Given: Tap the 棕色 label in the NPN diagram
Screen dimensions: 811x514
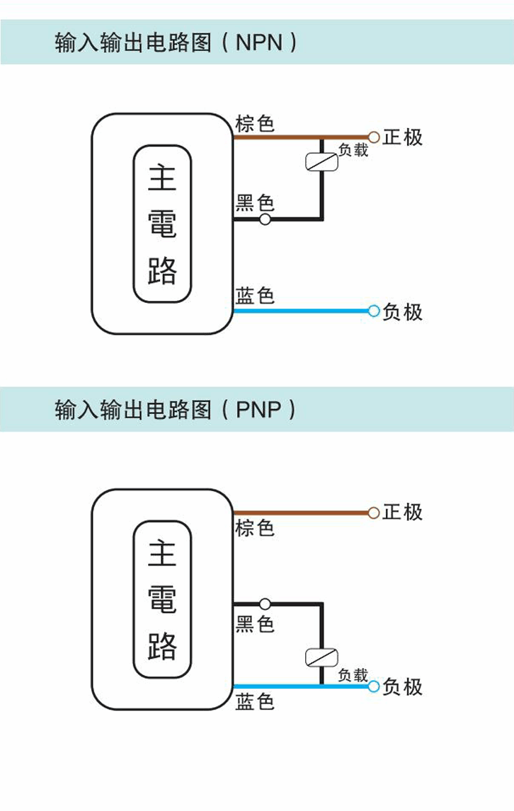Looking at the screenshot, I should pos(254,124).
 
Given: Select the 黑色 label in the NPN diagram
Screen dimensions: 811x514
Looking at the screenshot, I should pos(254,204).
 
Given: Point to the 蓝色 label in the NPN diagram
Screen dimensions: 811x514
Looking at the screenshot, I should pos(254,295).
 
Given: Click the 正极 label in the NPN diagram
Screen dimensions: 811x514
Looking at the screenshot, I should pos(402,137).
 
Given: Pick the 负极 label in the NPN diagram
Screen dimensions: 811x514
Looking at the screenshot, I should pos(402,311).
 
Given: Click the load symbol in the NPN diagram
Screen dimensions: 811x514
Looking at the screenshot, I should pos(321,162).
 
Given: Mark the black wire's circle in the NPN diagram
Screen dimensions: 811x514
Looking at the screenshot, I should pos(265,219).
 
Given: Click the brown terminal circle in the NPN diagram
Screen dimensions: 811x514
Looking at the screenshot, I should pos(374,137).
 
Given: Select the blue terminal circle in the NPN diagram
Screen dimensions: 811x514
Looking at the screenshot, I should pos(374,311).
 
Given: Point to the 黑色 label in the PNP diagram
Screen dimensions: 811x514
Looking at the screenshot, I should pos(254,624).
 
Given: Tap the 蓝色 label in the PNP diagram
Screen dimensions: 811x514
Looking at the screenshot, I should pos(254,702).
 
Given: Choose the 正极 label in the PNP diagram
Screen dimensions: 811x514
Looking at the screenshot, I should pos(402,512).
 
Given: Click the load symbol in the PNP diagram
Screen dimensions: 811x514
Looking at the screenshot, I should pos(321,657).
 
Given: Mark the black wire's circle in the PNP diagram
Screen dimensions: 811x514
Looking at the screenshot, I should pos(265,604).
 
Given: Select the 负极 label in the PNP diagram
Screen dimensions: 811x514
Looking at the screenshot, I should pos(402,686).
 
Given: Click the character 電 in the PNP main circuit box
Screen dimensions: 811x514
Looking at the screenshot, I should pos(162,599).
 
